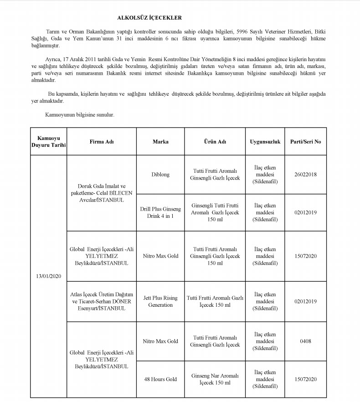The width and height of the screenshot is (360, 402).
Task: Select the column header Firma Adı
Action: click(x=102, y=141)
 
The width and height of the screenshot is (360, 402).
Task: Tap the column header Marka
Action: click(x=160, y=141)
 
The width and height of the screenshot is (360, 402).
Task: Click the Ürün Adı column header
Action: click(x=215, y=141)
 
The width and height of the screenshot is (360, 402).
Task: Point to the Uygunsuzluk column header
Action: click(x=265, y=141)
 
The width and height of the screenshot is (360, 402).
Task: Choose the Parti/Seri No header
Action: click(x=305, y=141)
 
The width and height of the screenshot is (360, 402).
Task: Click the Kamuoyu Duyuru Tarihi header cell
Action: click(x=49, y=141)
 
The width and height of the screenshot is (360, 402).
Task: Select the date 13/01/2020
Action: click(x=49, y=276)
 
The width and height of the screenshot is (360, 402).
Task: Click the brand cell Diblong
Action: click(x=160, y=174)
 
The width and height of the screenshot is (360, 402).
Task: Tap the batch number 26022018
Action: click(x=305, y=174)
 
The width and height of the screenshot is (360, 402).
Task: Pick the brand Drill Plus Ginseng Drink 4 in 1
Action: click(x=160, y=212)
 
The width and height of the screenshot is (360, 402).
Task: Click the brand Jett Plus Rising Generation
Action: click(x=160, y=301)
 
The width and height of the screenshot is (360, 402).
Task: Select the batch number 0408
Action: click(x=305, y=341)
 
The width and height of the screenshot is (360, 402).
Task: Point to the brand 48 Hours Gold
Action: click(x=160, y=379)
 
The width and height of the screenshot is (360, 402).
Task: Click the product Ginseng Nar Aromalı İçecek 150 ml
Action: click(x=215, y=379)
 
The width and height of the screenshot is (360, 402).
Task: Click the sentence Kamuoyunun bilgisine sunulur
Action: click(x=80, y=114)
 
